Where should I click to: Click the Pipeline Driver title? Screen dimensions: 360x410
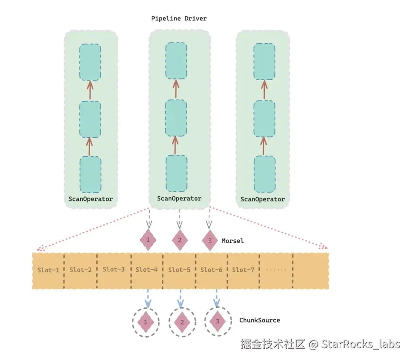[179, 19]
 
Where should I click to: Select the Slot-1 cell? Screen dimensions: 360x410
[48, 270]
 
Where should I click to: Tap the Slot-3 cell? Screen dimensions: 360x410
[114, 270]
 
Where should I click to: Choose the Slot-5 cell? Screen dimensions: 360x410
[179, 270]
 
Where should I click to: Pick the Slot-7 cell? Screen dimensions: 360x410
[243, 270]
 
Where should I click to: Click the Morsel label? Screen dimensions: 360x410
[233, 241]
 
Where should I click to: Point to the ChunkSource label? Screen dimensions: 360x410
[260, 320]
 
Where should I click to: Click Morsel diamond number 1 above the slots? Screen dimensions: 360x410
[148, 240]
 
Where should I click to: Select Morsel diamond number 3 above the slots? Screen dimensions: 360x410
[210, 240]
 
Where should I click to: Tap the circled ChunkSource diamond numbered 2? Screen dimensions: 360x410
[181, 322]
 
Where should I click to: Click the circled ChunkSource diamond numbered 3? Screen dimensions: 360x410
[217, 322]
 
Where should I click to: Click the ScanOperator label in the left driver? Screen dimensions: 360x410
[91, 199]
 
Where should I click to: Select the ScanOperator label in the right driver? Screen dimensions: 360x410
[262, 199]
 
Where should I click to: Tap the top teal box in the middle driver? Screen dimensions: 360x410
[176, 61]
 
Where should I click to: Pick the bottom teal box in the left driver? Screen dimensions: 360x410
[90, 174]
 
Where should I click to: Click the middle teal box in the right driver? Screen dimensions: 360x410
[264, 119]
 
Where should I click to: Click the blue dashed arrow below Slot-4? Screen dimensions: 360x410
[148, 298]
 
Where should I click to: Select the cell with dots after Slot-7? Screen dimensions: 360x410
[276, 270]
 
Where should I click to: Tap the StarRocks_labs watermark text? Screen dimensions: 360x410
[361, 344]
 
